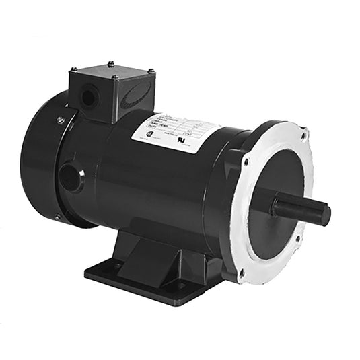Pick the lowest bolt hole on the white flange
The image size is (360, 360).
click(x=242, y=273)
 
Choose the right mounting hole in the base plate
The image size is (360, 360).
click(x=180, y=286)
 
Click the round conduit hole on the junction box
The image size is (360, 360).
click(x=88, y=98)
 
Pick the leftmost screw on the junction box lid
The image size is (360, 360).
click(x=73, y=69)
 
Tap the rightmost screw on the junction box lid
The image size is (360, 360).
click(x=150, y=71)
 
